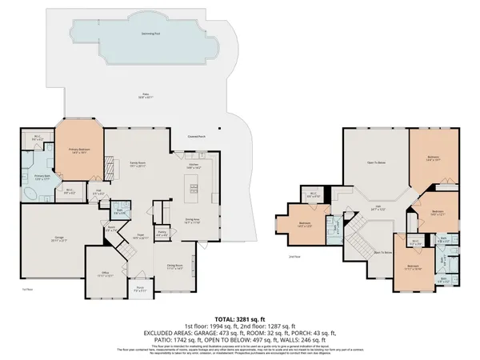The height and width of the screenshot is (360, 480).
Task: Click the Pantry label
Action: pyautogui.click(x=162, y=234)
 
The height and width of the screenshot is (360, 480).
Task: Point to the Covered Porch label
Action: pyautogui.click(x=194, y=137)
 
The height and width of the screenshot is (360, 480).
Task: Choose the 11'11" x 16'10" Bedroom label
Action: pyautogui.click(x=412, y=267)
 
